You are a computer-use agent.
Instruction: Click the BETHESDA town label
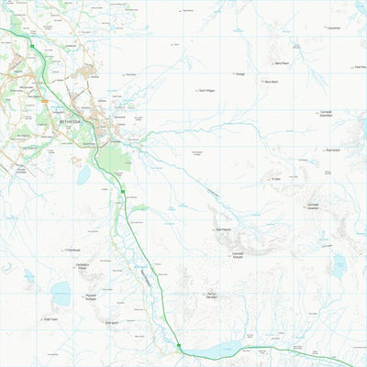click(70, 121)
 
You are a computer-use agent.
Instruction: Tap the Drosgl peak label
click(239, 73)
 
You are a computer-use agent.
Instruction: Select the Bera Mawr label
click(282, 63)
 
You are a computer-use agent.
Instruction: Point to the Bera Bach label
click(270, 82)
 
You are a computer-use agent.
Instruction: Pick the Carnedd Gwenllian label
click(326, 114)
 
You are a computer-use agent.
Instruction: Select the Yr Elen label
click(274, 179)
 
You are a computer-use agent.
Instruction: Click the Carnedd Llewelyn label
click(313, 206)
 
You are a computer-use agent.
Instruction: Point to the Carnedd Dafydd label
click(238, 254)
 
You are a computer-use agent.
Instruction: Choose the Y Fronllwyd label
click(73, 250)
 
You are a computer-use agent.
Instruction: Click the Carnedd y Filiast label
click(83, 266)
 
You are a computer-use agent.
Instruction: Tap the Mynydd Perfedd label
click(91, 297)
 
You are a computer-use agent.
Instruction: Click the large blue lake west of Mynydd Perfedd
click(61, 294)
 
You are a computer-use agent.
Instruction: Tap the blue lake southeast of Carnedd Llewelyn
click(339, 266)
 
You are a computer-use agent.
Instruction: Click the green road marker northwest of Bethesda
click(32, 46)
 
